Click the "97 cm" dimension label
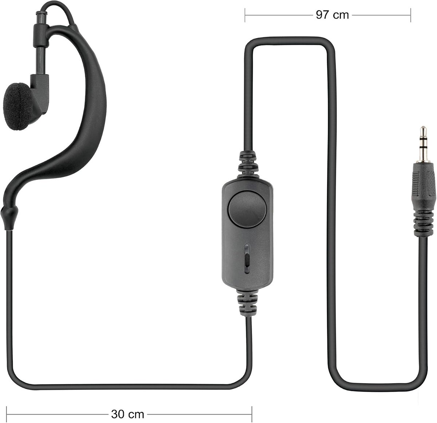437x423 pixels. pos(332,15)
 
